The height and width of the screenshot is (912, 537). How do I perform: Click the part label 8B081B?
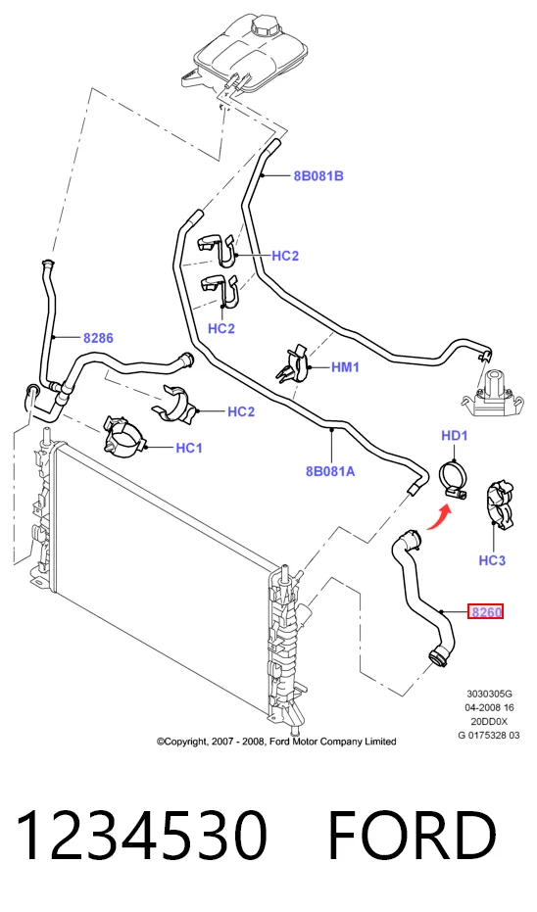click(318, 175)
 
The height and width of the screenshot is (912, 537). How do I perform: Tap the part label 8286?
click(98, 337)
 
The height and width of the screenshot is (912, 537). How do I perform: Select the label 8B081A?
click(330, 471)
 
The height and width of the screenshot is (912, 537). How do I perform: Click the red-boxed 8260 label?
click(486, 612)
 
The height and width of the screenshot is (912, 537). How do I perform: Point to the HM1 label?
click(345, 367)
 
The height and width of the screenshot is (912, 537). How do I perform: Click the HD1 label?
click(455, 436)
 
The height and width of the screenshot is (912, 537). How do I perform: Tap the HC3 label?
click(492, 560)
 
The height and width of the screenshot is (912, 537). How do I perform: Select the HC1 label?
click(189, 448)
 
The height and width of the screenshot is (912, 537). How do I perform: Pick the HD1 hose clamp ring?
click(455, 478)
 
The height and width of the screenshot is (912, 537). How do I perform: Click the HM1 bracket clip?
click(294, 364)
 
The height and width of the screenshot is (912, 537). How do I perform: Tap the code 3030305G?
click(489, 694)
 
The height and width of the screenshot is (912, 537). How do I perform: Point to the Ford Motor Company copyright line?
click(276, 742)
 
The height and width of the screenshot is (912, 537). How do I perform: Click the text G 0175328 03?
click(489, 735)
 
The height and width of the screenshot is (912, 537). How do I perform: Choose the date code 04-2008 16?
click(489, 707)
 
